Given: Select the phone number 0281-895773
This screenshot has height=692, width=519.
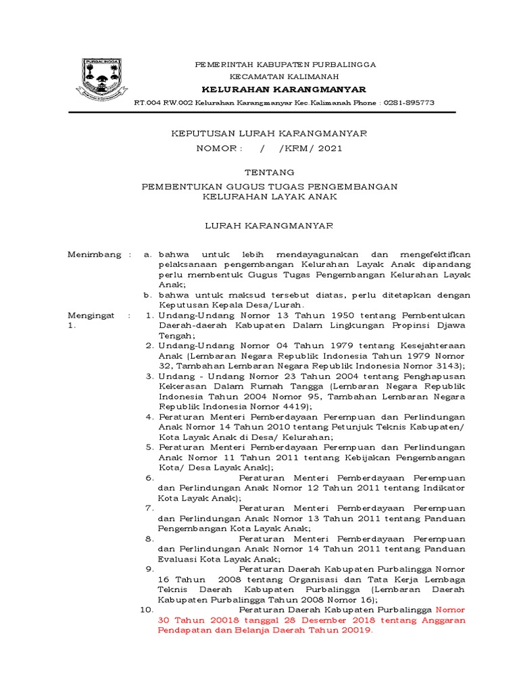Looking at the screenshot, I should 410,103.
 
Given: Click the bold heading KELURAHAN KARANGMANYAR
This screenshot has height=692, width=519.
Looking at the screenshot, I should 285,90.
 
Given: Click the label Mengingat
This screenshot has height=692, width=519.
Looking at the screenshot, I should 91,315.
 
